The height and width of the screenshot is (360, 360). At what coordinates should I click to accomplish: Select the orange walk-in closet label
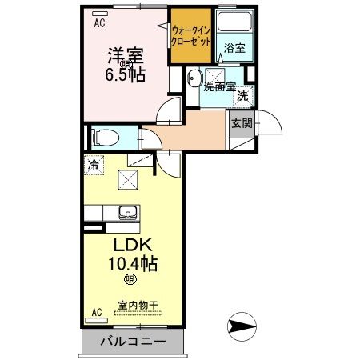pyautogui.click(x=191, y=38)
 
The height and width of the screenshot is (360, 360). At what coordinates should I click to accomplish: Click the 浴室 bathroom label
pyautogui.click(x=234, y=49)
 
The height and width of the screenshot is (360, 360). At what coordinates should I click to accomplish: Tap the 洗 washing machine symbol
pyautogui.click(x=242, y=96)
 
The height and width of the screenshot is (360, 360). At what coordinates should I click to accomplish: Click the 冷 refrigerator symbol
pyautogui.click(x=94, y=166)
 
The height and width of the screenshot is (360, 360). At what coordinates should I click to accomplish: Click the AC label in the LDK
pyautogui.click(x=97, y=311)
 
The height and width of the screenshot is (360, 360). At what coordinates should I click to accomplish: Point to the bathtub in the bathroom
pyautogui.click(x=235, y=24)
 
